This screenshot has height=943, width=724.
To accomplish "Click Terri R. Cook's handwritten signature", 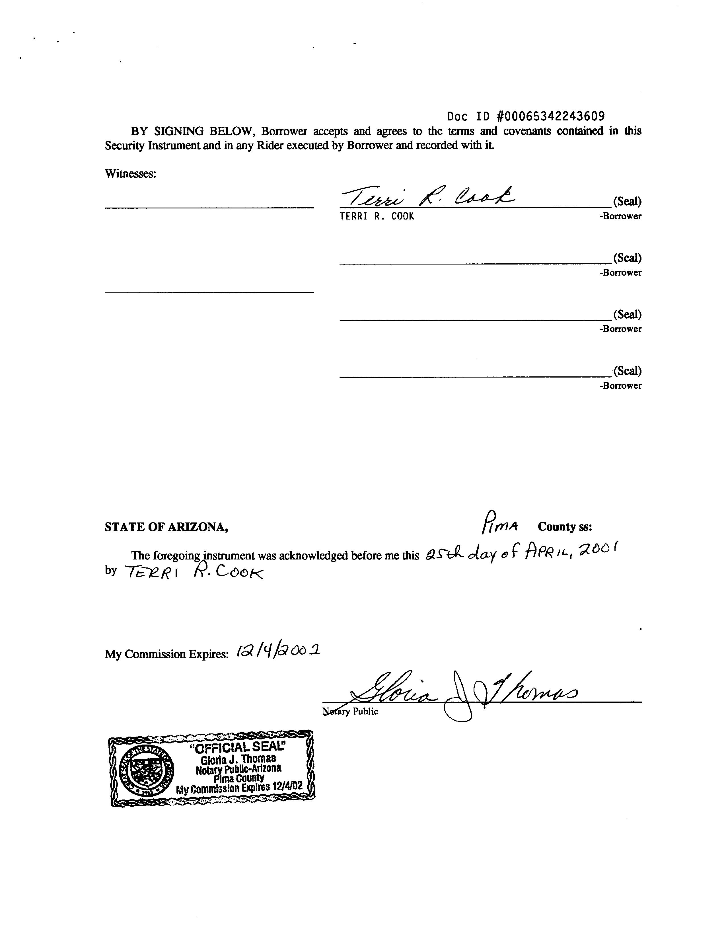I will click(427, 198).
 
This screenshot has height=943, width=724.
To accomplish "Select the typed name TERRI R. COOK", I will click(377, 216).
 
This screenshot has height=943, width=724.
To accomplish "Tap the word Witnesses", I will click(130, 174).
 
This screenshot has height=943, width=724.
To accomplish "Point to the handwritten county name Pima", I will click(499, 522).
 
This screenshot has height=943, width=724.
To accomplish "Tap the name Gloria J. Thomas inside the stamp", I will click(238, 759).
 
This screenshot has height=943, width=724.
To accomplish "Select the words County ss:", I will click(565, 527).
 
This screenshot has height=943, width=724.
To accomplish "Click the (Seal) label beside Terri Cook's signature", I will click(627, 201).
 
